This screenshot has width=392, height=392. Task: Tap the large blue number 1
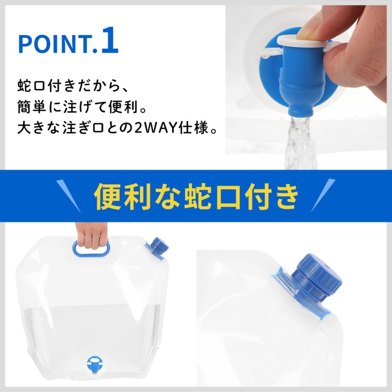109,40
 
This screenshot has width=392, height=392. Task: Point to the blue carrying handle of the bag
91,249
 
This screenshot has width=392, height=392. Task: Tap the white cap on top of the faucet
304,41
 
